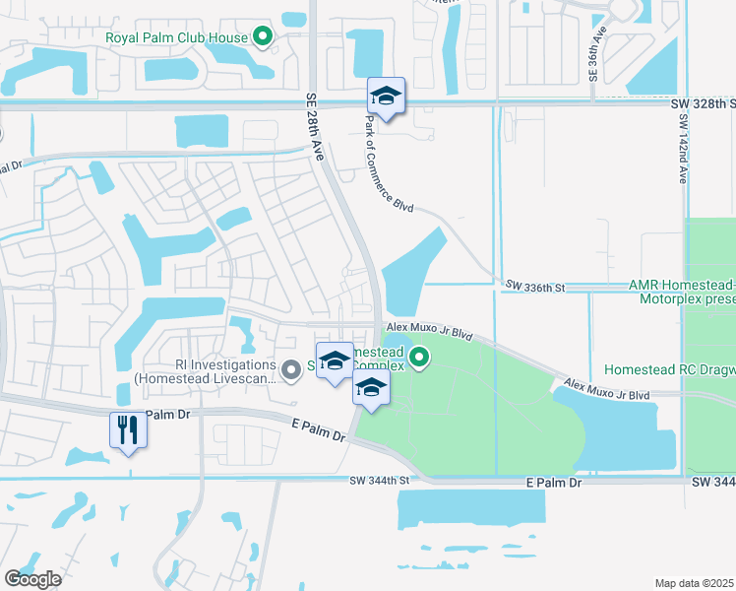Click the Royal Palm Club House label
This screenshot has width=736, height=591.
(x=177, y=39)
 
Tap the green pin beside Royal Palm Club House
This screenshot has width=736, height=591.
(x=263, y=38)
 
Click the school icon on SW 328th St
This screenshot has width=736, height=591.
(x=386, y=97)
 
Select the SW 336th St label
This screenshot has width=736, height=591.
(x=535, y=287)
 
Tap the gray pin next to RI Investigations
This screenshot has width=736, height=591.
(x=290, y=371)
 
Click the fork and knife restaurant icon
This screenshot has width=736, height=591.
(x=128, y=429)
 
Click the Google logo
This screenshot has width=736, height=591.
(x=32, y=579)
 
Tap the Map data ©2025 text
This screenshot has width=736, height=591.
(x=695, y=583)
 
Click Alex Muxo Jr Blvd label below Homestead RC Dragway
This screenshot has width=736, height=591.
(x=607, y=388)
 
